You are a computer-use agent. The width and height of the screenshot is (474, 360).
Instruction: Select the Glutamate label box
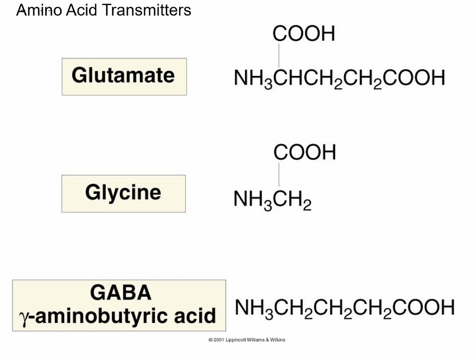coord(124,76)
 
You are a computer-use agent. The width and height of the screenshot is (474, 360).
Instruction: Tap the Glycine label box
coord(123,194)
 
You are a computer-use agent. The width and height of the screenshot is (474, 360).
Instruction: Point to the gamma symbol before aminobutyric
coord(23,317)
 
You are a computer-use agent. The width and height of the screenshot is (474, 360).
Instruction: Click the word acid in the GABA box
coord(196,316)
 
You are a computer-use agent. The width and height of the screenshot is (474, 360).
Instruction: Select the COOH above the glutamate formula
coord(303,34)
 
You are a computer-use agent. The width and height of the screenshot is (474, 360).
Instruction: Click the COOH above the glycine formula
coord(304,152)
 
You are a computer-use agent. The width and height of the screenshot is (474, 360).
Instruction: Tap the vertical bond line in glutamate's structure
coord(279,55)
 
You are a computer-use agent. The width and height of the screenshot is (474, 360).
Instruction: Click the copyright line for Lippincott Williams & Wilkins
coord(247,340)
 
